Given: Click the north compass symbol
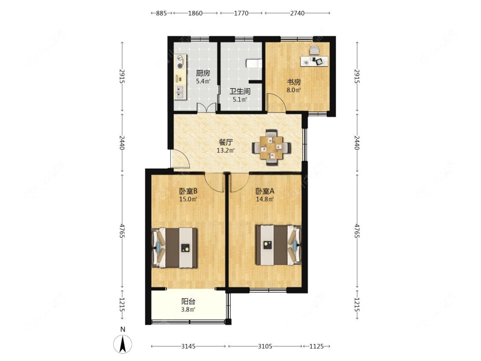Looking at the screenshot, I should click(x=122, y=343).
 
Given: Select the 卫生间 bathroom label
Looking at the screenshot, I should click(x=239, y=92).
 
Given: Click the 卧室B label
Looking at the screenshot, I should click(x=188, y=192).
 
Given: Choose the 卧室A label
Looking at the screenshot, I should click(x=265, y=192).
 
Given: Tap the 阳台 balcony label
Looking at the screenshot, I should click(x=188, y=301).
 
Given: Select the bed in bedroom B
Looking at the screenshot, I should click(x=176, y=248).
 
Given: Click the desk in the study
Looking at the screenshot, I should click(x=314, y=61).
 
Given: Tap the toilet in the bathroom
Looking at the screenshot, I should click(x=254, y=64).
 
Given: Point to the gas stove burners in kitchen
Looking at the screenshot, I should click(x=180, y=62).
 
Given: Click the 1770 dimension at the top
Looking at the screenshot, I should click(x=241, y=13).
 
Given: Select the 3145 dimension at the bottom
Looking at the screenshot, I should click(x=189, y=346).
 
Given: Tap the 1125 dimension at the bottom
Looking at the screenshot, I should click(x=317, y=346).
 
